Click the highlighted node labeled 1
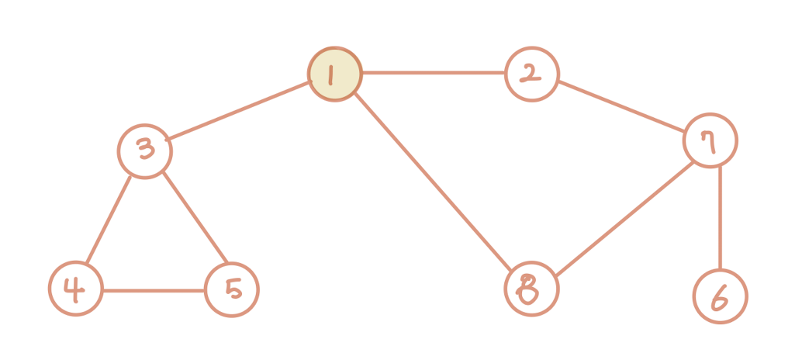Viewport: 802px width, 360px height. (x=335, y=74)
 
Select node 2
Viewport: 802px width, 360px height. (x=531, y=74)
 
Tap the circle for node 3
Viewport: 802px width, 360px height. (x=145, y=151)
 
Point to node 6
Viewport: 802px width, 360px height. (x=720, y=296)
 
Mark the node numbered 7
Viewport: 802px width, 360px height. (x=710, y=140)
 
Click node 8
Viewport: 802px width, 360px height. (x=531, y=289)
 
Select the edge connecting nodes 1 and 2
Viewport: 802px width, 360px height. (x=433, y=74)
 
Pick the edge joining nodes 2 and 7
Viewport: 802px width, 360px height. (x=621, y=107)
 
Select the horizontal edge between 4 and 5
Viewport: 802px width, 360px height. (x=154, y=290)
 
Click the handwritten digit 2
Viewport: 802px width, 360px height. (x=531, y=74)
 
